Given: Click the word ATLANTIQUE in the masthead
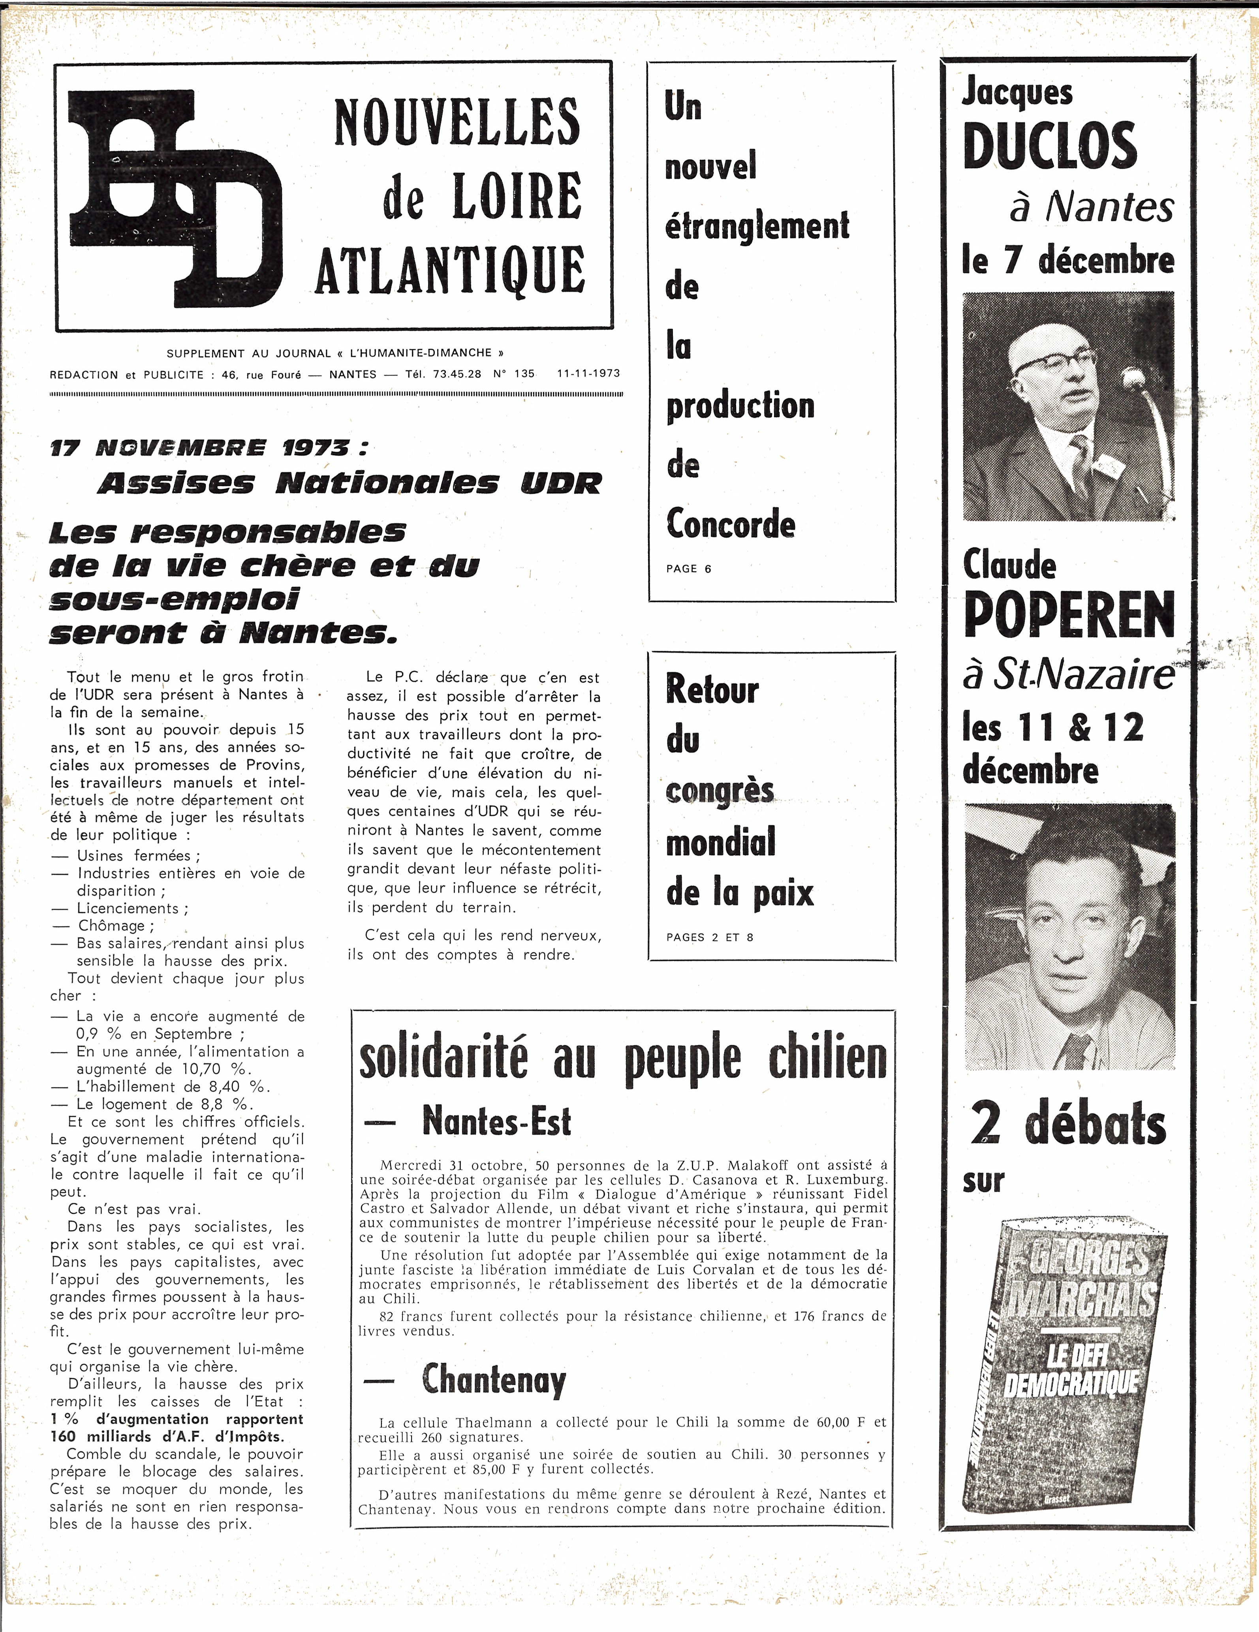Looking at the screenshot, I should (x=450, y=269).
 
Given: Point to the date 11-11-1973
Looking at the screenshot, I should (x=588, y=374).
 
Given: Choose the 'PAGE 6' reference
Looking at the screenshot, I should (x=688, y=569).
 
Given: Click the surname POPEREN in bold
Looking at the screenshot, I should (x=1069, y=615).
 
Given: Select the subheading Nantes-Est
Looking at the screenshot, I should (x=496, y=1121).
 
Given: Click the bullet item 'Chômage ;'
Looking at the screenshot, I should (x=116, y=926).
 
